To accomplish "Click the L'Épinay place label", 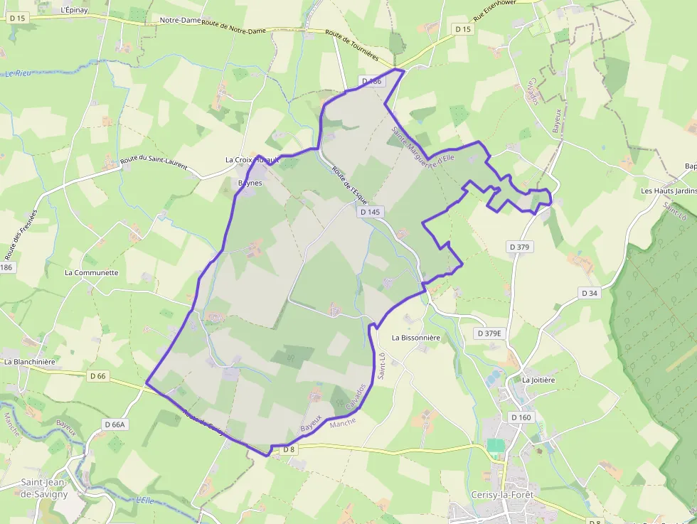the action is click(74, 10).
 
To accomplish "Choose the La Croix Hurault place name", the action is click(252, 160).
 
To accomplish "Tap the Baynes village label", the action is click(250, 183).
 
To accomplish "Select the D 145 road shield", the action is click(371, 212).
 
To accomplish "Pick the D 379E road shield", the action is click(489, 333).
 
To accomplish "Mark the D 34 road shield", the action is click(590, 293).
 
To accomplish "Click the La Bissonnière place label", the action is click(416, 337).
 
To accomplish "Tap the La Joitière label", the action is click(538, 380).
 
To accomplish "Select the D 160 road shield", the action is click(521, 417).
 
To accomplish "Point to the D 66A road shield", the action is click(115, 424).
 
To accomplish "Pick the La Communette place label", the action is click(91, 272).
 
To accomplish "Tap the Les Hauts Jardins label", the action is click(669, 191).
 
